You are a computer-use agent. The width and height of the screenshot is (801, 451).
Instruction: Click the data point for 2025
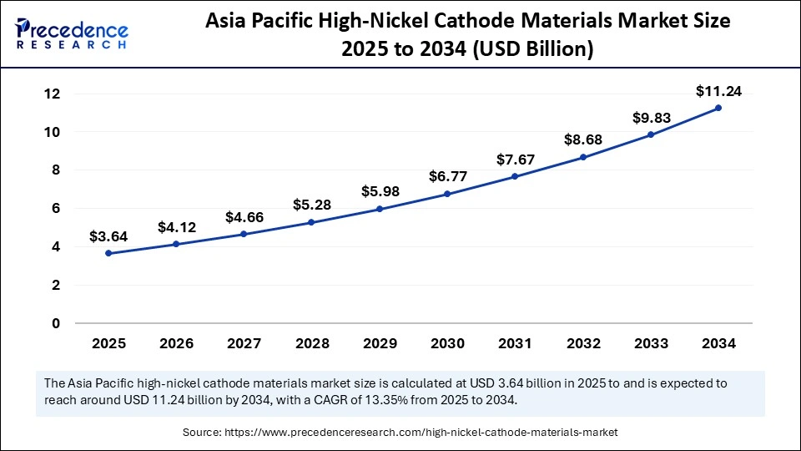point(108,253)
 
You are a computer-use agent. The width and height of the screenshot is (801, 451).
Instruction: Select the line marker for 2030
point(447,194)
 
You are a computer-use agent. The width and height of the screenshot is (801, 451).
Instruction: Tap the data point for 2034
point(718,108)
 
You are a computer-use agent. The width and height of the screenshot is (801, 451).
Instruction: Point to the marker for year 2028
point(311,222)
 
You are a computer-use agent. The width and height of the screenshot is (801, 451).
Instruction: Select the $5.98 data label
point(380,191)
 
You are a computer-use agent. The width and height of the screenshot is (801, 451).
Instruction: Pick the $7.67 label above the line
point(515,159)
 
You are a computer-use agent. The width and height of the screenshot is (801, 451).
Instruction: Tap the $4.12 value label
point(176,226)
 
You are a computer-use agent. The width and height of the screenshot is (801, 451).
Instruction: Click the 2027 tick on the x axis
point(244,342)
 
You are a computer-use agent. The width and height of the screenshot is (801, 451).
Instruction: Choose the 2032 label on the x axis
point(582,342)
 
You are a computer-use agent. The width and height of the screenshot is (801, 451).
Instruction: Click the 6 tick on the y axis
point(56,209)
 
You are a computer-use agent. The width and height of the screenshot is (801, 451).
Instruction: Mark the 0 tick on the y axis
point(56,323)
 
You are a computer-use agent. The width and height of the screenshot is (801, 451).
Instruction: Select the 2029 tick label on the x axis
point(380,342)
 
